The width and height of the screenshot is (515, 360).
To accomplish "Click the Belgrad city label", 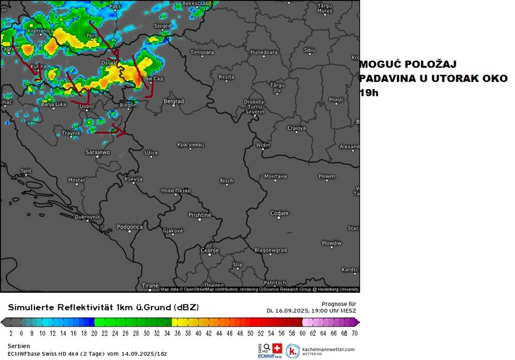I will [174, 101].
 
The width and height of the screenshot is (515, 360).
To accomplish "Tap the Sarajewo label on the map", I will [98, 152].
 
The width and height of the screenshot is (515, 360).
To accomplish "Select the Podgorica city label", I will [130, 227].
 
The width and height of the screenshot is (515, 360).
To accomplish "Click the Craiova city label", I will [296, 128].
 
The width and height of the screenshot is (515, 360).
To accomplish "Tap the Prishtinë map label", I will [200, 215].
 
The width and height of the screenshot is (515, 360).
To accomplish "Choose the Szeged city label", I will [162, 26].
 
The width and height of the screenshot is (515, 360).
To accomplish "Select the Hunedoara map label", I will [263, 53].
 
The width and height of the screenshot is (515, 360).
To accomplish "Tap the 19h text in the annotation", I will [368, 93].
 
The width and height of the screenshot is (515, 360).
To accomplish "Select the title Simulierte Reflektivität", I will [73, 308].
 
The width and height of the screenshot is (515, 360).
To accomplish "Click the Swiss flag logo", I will [277, 348].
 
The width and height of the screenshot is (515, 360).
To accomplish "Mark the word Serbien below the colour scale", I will [19, 345].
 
